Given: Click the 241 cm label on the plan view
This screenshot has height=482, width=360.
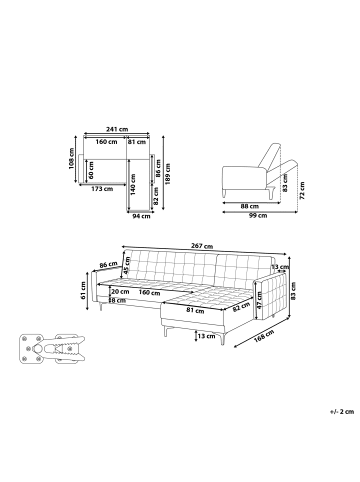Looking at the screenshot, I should (119, 131).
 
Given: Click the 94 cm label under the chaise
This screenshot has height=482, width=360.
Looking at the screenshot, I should (140, 215).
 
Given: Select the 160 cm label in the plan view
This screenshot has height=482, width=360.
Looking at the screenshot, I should (106, 141).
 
